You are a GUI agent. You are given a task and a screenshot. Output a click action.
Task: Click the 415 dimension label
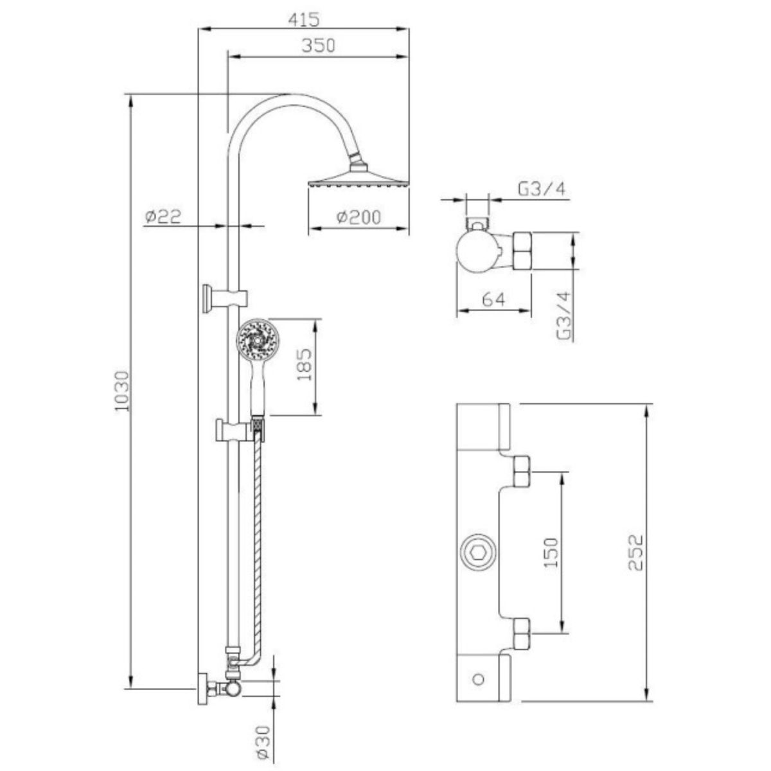tap(304, 19)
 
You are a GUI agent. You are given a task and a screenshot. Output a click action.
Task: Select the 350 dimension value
tap(318, 45)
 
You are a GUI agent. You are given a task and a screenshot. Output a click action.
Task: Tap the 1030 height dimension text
tap(122, 392)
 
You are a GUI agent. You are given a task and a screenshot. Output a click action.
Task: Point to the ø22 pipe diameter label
tap(163, 217)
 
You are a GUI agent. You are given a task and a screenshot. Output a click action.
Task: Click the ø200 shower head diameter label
tap(359, 217)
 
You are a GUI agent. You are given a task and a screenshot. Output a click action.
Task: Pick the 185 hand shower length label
tap(305, 365)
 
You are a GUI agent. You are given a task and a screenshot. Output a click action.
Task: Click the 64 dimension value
tap(493, 299)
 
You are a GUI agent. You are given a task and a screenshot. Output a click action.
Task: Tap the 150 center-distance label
tap(551, 553)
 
